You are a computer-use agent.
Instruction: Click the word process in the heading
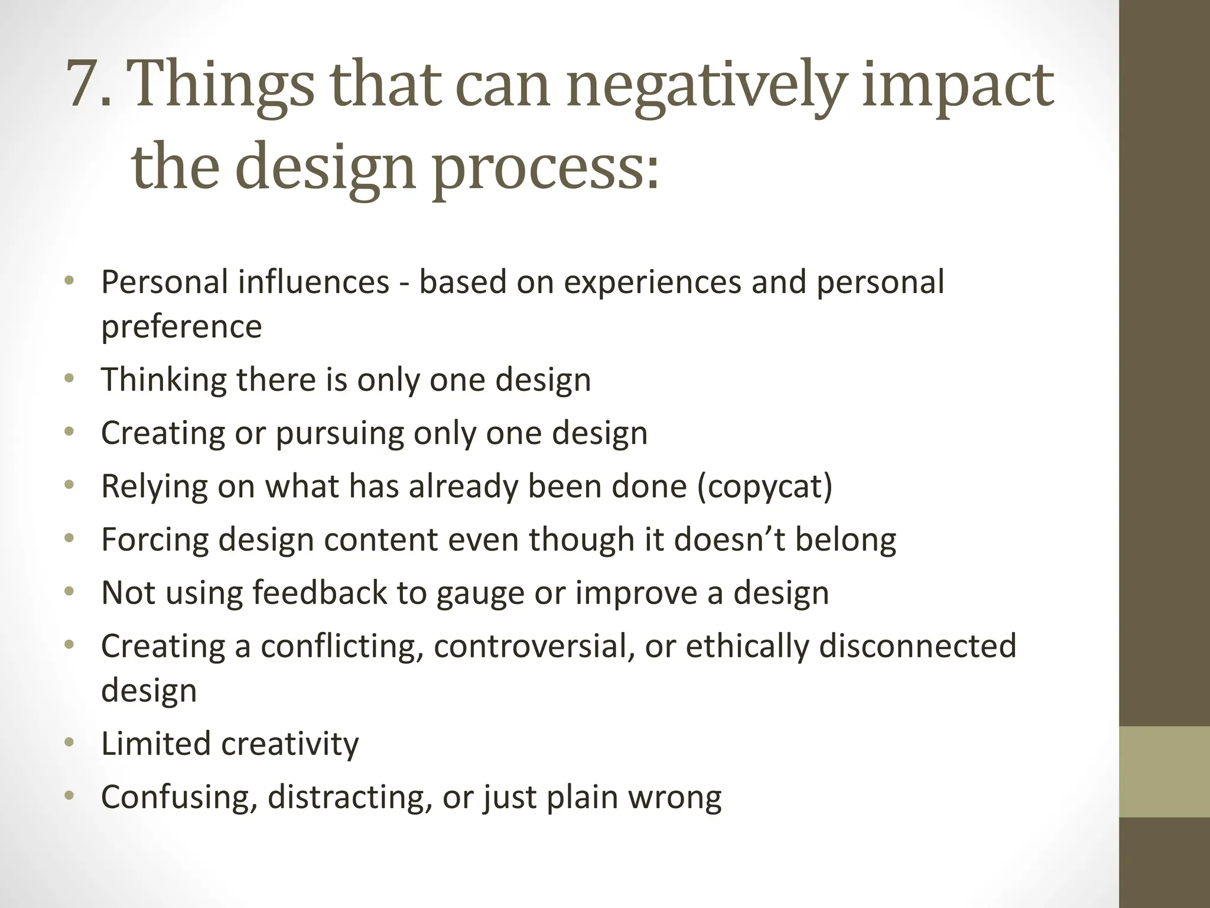coord(538,168)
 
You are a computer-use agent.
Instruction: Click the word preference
coord(181,326)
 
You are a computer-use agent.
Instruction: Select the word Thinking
coord(164,380)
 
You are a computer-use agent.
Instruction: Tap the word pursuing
coord(339,433)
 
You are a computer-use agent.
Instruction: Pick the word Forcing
coord(154,539)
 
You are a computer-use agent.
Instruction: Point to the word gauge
coord(480,594)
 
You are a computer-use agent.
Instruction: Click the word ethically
coord(747,646)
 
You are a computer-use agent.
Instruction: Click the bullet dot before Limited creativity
coord(70,743)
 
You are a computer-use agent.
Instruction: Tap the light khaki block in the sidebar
coord(1164,771)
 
